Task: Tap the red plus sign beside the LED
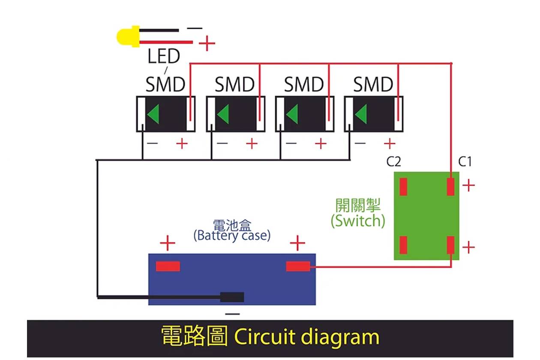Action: [x=207, y=43]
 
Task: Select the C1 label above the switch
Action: [x=465, y=162]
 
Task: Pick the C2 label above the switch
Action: [x=393, y=162]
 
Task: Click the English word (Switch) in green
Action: [x=358, y=221]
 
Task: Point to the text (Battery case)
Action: [x=232, y=235]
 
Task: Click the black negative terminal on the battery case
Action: [x=232, y=297]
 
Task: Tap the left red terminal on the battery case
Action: [x=168, y=266]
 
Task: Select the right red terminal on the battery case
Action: [x=298, y=266]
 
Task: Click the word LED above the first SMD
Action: [x=164, y=57]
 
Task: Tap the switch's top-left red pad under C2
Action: [x=403, y=186]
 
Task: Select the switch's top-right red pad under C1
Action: [x=450, y=186]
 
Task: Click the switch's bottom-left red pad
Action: [x=403, y=245]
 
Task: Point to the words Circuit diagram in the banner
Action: [x=307, y=337]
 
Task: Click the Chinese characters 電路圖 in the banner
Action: [x=194, y=337]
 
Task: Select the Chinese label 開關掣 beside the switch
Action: [x=358, y=206]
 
